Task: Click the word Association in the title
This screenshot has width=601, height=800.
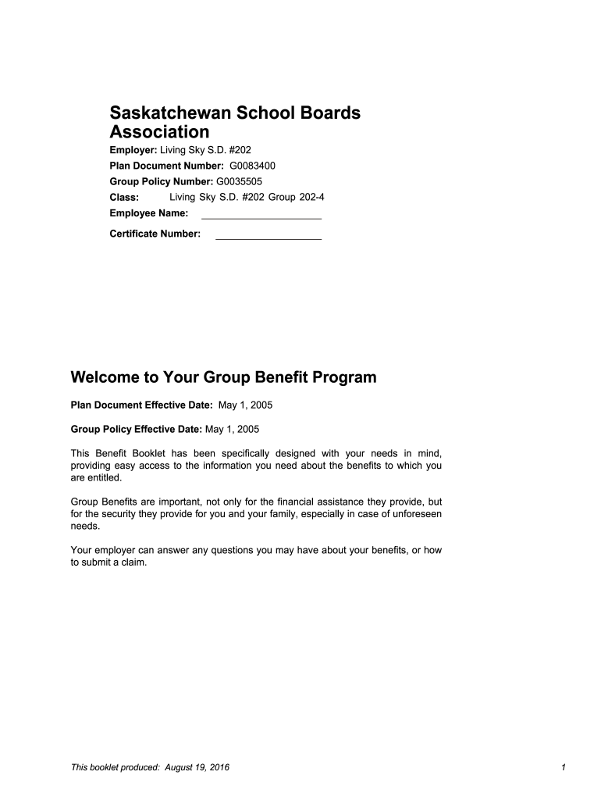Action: pos(159,131)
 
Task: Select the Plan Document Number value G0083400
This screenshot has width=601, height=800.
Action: pos(251,166)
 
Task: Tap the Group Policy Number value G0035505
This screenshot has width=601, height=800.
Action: pos(238,181)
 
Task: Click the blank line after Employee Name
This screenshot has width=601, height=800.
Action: pos(261,214)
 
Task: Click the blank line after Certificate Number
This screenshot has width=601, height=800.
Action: pos(268,234)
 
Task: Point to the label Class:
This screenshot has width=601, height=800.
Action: pos(124,197)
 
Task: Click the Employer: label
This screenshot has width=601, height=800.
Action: pos(133,149)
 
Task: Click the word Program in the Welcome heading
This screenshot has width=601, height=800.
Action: pos(344,378)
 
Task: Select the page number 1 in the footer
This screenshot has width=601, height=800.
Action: pos(562,768)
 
